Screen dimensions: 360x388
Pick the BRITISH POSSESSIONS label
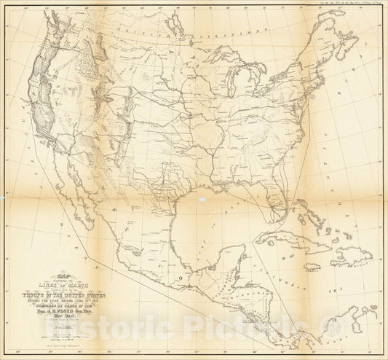pyautogui.click(x=175, y=31)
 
